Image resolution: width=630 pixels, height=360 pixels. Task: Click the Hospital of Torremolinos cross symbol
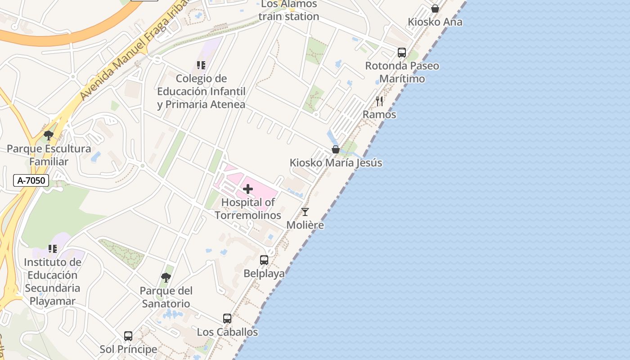click(x=248, y=189)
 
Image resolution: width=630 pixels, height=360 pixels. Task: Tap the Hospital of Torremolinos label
click(x=248, y=209)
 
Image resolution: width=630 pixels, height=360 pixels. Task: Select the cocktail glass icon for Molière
click(x=305, y=212)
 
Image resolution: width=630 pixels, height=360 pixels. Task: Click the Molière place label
click(x=305, y=225)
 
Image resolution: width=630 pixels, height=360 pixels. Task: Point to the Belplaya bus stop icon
click(x=264, y=260)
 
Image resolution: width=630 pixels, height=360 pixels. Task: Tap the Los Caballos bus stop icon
click(x=227, y=319)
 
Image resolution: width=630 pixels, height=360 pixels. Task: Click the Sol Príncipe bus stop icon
click(x=128, y=336)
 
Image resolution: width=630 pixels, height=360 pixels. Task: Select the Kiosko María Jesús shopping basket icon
click(x=336, y=149)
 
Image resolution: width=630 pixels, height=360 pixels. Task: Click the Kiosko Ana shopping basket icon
click(x=435, y=9)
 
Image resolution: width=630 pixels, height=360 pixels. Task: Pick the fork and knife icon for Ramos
click(x=379, y=101)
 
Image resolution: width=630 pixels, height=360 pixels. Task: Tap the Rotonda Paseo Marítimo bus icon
click(x=402, y=53)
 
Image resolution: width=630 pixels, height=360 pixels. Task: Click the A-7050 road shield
click(x=31, y=180)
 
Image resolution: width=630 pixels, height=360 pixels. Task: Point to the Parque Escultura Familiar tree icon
click(x=49, y=135)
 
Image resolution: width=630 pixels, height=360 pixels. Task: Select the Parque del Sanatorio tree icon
click(x=166, y=277)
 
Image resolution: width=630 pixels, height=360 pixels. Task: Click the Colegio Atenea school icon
click(x=201, y=65)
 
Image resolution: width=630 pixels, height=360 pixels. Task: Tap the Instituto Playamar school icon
click(x=53, y=249)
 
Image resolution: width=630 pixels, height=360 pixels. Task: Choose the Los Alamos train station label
click(x=288, y=10)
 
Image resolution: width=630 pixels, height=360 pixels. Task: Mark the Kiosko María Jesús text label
click(x=336, y=163)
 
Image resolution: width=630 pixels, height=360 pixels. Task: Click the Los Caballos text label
click(x=227, y=332)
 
